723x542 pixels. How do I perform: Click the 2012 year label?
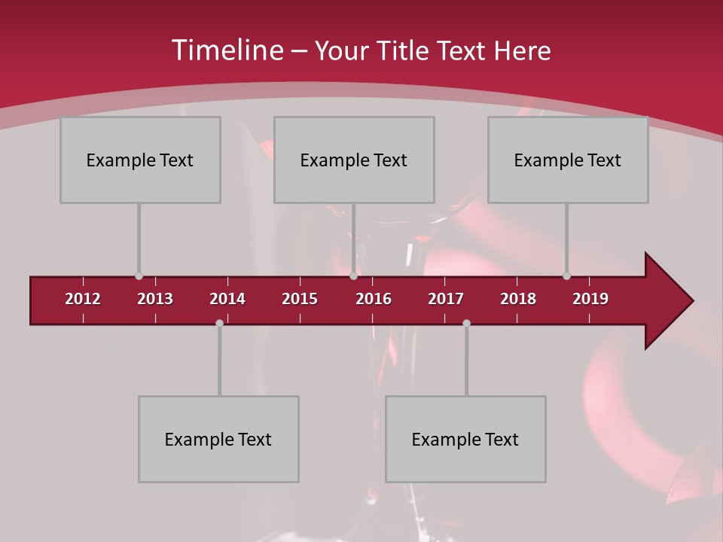[x=83, y=299]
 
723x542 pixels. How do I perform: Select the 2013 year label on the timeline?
[x=155, y=299]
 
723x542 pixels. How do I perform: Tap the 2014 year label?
[x=227, y=299]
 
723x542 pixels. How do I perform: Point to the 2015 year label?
[x=300, y=299]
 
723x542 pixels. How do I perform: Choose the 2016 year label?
[x=374, y=299]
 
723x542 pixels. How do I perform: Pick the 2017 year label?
[x=446, y=299]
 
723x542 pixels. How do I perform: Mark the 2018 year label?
[x=518, y=299]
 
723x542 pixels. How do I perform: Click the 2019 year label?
[x=590, y=299]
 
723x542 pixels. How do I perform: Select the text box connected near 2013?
[x=140, y=160]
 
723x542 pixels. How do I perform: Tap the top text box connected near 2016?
[x=354, y=160]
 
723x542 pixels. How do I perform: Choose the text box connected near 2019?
[x=568, y=160]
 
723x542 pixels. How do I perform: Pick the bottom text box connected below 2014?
[x=218, y=439]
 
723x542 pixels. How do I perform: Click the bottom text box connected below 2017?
[x=465, y=439]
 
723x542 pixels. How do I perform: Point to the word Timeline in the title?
[x=227, y=50]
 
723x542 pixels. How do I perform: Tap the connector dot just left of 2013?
[x=139, y=276]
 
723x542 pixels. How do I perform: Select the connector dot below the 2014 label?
[x=219, y=323]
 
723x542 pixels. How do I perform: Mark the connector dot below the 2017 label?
[x=466, y=323]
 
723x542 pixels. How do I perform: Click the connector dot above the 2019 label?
[x=566, y=276]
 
